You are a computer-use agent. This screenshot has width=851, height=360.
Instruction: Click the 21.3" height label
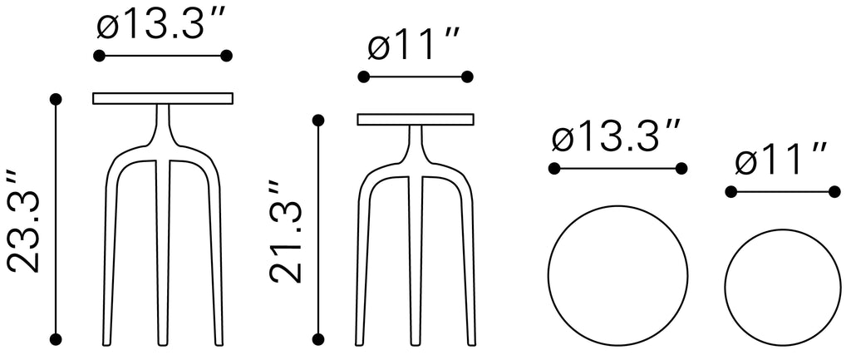(286, 233)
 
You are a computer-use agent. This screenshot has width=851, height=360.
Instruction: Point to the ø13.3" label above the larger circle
(617, 137)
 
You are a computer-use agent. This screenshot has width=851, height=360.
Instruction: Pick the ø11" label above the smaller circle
(781, 160)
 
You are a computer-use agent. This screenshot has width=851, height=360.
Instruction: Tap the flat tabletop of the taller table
(164, 98)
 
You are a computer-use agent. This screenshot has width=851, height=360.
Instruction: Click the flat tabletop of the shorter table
(416, 120)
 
